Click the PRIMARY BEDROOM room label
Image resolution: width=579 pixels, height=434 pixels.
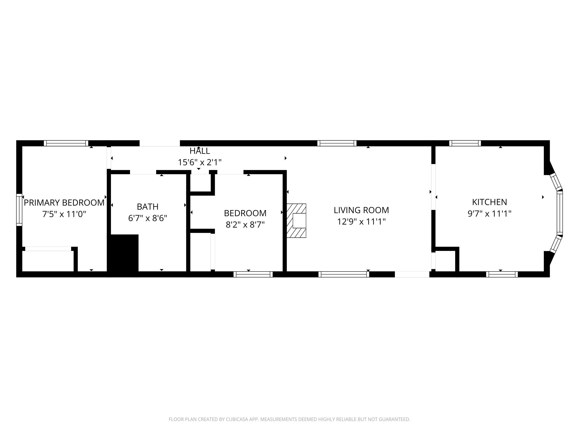pyautogui.click(x=64, y=203)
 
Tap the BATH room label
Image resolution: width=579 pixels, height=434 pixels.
pyautogui.click(x=148, y=207)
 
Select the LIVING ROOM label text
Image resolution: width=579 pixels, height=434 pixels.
pyautogui.click(x=361, y=210)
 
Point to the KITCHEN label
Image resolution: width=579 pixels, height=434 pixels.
pyautogui.click(x=489, y=202)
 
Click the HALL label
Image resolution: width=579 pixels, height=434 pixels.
pyautogui.click(x=200, y=151)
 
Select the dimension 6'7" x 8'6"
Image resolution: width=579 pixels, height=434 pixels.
pyautogui.click(x=148, y=218)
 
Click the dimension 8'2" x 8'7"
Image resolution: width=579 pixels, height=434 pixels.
pyautogui.click(x=245, y=225)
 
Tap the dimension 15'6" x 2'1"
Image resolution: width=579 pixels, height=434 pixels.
pyautogui.click(x=200, y=162)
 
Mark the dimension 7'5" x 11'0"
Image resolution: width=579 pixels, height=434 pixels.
pyautogui.click(x=64, y=214)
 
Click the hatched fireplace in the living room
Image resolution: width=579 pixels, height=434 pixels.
pyautogui.click(x=296, y=221)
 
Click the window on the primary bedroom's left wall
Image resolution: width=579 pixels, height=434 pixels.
pyautogui.click(x=19, y=210)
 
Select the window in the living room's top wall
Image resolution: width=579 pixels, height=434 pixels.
pyautogui.click(x=337, y=143)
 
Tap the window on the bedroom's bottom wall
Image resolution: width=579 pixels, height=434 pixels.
pyautogui.click(x=253, y=274)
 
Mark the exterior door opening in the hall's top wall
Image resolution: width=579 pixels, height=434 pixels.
pyautogui.click(x=160, y=143)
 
